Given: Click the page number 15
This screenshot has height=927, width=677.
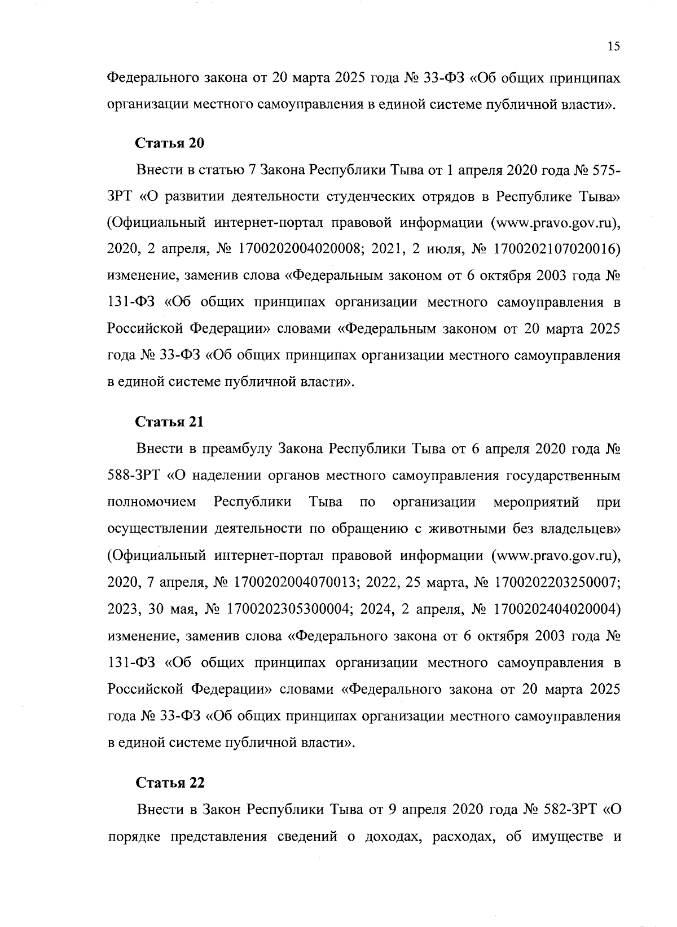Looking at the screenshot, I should pyautogui.click(x=614, y=47).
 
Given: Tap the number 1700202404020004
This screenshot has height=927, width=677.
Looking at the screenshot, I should pyautogui.click(x=557, y=610).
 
